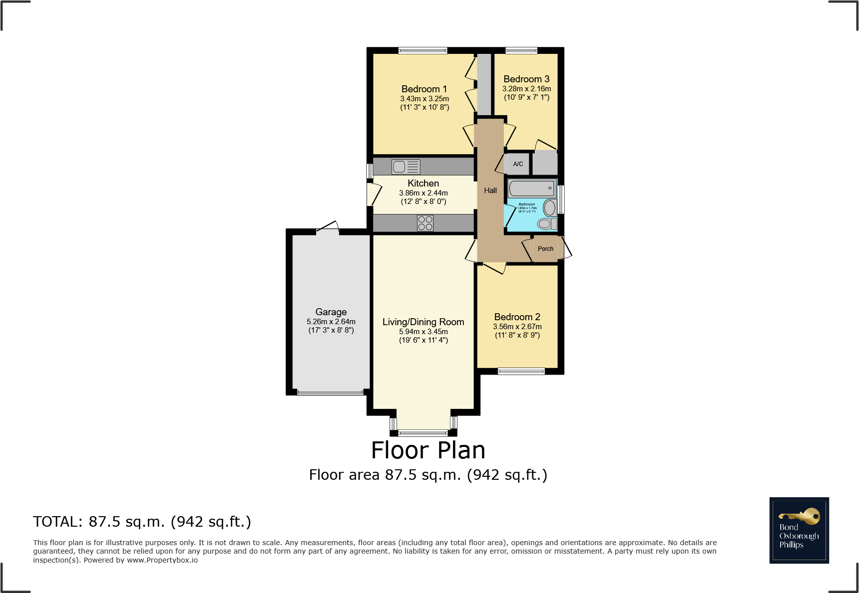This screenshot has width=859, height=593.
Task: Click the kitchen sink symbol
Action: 406,167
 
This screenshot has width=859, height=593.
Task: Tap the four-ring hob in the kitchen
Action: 425,223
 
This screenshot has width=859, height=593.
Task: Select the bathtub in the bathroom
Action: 532,189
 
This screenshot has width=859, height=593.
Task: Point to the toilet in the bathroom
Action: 546,224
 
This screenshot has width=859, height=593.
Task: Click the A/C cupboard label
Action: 518,164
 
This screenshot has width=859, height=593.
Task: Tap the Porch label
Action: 545,249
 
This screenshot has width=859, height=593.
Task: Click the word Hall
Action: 490,191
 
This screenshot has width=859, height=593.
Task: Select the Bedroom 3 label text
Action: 526,79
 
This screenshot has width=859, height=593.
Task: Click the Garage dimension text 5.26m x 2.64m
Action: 331,322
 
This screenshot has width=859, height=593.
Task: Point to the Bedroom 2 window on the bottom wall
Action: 521,371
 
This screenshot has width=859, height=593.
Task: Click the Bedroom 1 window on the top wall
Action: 423,50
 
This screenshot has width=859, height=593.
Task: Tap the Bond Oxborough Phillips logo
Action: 799,530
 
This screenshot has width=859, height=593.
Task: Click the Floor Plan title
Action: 428,450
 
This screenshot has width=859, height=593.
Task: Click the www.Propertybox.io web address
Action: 162,560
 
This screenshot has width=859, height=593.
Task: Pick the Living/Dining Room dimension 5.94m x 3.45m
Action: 423,332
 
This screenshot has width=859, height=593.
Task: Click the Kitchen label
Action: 423,184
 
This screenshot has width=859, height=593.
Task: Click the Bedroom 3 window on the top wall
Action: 521,50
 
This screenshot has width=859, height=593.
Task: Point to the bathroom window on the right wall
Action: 561,199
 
